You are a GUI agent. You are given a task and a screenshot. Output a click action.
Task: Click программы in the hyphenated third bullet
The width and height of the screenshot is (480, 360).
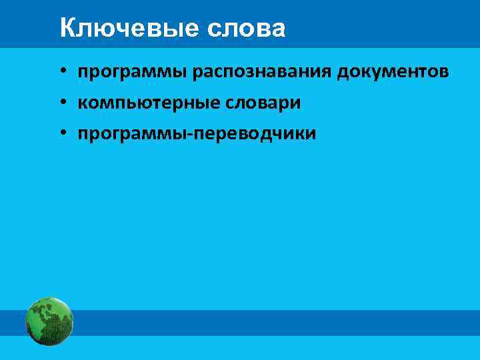click(133, 135)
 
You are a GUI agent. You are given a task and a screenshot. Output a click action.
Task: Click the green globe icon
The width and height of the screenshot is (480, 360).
click(49, 322)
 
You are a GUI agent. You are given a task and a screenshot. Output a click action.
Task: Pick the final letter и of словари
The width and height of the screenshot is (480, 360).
click(296, 103)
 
